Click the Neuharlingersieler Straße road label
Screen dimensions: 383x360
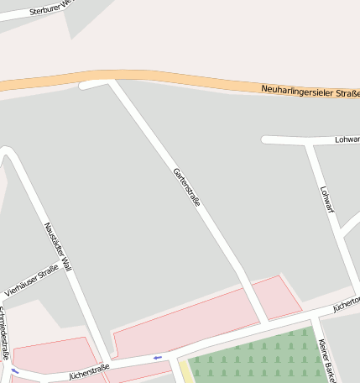tap(310, 91)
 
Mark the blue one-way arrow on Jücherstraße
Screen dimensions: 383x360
tap(157, 358)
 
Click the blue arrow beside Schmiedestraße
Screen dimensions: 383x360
tap(14, 370)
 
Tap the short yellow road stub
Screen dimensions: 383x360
tap(185, 371)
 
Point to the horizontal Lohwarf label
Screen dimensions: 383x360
tap(347, 139)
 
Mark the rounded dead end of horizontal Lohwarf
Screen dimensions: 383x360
tap(265, 139)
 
